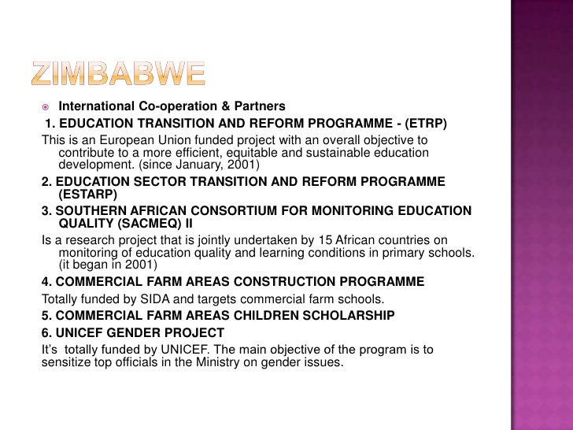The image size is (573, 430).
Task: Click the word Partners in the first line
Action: tap(260, 106)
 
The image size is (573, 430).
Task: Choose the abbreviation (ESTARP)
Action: tap(87, 193)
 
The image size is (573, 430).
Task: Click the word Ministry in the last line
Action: tap(213, 362)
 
